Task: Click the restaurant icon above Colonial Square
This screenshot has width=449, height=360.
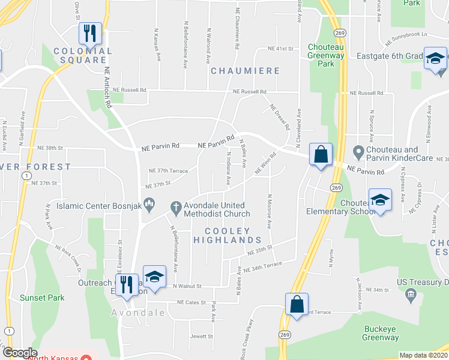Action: pos(90,33)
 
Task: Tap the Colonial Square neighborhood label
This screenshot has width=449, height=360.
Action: pos(83,56)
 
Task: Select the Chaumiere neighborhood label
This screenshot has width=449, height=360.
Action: pos(245,71)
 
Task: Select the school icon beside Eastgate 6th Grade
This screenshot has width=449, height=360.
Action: pos(435,59)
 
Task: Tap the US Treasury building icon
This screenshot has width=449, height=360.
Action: pos(411,294)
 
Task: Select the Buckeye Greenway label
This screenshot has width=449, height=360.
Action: pos(380,333)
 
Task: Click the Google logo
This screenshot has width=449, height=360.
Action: pos(19,353)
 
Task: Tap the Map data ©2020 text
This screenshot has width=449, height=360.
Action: pos(423,355)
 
